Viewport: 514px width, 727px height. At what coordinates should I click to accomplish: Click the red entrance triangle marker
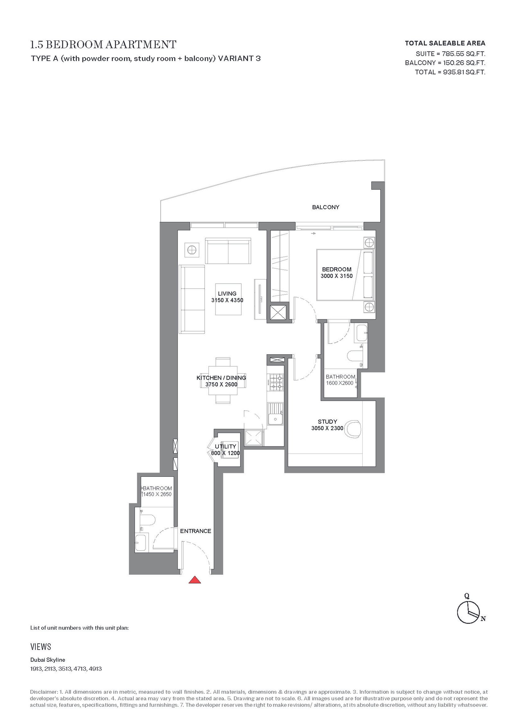tap(195, 580)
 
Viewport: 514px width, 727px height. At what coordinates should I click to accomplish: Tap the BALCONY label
tap(325, 207)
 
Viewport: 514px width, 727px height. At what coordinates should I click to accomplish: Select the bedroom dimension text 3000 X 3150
tap(337, 276)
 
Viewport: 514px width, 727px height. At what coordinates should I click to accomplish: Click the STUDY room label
tap(327, 421)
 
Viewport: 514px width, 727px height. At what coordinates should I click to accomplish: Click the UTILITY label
tap(226, 447)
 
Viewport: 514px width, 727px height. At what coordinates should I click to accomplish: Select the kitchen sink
tap(275, 414)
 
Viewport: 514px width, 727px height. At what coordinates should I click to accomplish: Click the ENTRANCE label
tap(196, 531)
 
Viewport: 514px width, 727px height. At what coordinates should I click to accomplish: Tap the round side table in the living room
tap(192, 250)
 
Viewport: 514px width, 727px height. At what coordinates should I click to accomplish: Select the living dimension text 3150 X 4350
tap(227, 300)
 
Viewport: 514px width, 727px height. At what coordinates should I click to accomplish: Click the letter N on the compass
tap(483, 618)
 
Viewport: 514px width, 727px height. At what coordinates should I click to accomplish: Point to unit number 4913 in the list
tap(95, 669)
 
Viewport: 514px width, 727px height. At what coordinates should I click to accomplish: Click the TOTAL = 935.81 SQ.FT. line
tap(450, 72)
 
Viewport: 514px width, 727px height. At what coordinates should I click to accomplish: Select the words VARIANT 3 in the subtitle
tap(239, 58)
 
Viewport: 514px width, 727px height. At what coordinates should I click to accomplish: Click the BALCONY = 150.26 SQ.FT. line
tap(445, 63)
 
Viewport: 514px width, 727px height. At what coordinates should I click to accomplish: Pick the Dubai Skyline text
tap(48, 660)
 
